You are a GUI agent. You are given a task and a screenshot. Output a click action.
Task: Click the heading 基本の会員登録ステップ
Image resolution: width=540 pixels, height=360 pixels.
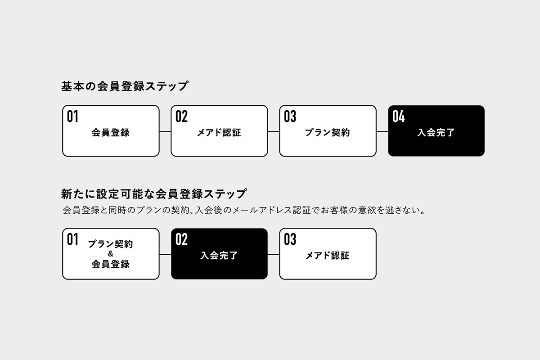(124, 86)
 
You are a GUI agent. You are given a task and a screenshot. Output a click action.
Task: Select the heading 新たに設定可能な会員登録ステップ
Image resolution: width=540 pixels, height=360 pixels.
(154, 194)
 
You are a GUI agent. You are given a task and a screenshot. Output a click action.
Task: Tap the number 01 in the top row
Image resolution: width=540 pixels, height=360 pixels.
(72, 117)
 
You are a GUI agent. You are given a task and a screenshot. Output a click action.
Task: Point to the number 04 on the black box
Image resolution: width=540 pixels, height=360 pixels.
(399, 117)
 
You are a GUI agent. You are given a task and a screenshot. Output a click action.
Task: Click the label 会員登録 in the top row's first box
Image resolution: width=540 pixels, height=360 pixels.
(111, 133)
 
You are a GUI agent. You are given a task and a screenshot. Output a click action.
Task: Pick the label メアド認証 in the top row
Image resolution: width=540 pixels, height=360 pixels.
(219, 133)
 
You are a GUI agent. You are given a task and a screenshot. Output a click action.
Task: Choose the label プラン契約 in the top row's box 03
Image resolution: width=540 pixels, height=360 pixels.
(327, 133)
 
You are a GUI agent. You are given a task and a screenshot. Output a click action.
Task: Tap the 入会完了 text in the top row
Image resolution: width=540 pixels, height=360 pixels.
(436, 133)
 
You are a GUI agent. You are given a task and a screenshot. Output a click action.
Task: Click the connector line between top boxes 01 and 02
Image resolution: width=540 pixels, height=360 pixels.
(165, 131)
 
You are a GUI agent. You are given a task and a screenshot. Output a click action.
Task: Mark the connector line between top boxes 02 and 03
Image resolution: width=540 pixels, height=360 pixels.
(274, 131)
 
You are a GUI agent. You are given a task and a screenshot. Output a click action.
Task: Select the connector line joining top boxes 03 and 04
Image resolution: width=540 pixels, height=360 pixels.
(382, 131)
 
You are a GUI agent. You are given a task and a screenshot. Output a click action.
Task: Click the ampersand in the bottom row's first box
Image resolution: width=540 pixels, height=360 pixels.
(111, 254)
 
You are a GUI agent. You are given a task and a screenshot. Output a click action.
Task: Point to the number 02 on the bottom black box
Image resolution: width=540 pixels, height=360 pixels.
(181, 239)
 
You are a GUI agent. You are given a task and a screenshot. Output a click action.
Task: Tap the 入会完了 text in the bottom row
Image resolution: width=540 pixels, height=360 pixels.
(219, 256)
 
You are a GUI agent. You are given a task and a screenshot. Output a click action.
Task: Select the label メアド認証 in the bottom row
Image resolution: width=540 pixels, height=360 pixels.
(327, 256)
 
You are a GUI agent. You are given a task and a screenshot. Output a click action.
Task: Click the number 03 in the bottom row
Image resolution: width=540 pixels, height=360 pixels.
(290, 239)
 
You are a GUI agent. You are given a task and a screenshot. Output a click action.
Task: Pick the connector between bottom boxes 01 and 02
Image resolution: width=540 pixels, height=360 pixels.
(165, 254)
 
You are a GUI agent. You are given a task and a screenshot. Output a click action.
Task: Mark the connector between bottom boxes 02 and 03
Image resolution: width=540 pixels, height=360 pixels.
(274, 254)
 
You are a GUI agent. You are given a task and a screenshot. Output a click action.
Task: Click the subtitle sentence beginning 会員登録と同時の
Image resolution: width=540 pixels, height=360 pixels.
(244, 210)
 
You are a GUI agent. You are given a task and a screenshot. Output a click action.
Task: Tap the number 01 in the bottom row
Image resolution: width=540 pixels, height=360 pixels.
(72, 239)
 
